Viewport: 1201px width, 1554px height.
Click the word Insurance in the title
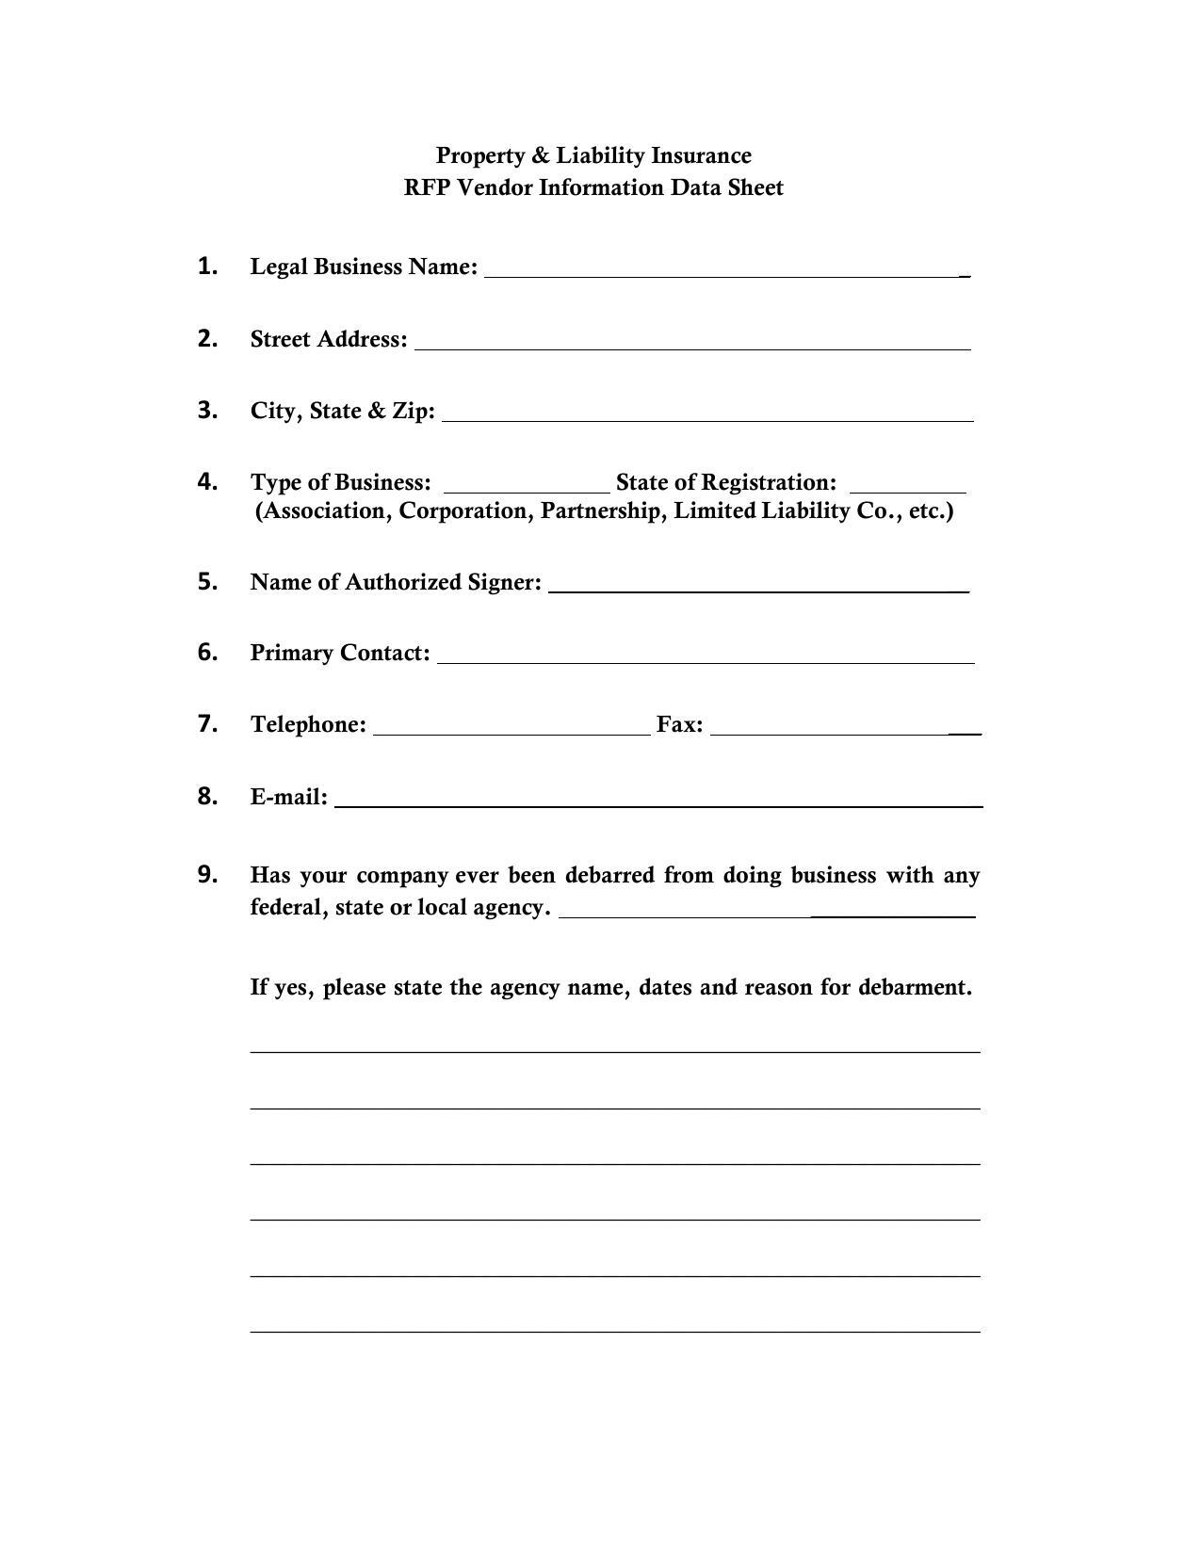point(701,155)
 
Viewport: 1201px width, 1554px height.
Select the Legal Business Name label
point(364,267)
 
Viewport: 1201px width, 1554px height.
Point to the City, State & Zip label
point(343,411)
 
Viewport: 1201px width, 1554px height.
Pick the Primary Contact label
point(340,653)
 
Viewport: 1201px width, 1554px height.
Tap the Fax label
point(679,724)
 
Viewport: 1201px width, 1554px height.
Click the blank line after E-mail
point(658,801)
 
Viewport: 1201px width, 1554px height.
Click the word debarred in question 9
point(609,875)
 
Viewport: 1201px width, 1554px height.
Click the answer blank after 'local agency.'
point(767,911)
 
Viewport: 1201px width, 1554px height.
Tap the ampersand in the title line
point(540,155)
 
